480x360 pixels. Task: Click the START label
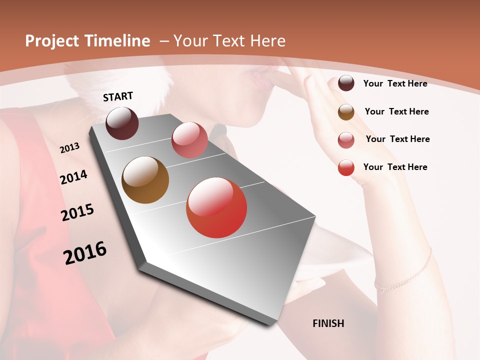tap(118, 96)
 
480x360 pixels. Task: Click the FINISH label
tap(328, 323)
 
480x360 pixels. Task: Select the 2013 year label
tap(69, 147)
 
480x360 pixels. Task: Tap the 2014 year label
tap(73, 177)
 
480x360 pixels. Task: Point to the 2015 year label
tap(77, 212)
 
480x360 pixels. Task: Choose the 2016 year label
tap(85, 253)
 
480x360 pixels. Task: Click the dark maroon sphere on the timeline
tap(122, 123)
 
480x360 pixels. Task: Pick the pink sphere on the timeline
tap(189, 140)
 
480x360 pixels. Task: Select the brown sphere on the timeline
tap(145, 180)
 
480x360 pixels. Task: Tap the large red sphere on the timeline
tap(216, 207)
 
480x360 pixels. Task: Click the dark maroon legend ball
tap(346, 83)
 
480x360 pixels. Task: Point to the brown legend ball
tap(346, 112)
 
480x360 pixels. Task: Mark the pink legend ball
tap(346, 140)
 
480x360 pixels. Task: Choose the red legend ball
tap(346, 167)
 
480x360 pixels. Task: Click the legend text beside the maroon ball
tap(395, 84)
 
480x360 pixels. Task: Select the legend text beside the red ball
tap(395, 167)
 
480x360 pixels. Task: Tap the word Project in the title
tap(52, 41)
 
